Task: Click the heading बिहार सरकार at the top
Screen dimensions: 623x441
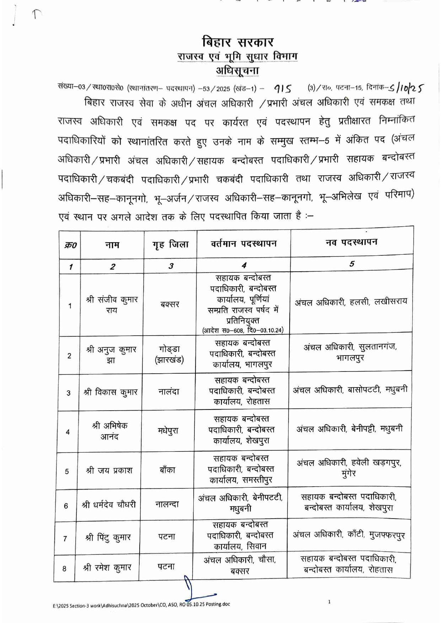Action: (238, 42)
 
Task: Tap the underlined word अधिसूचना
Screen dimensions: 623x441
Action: (237, 70)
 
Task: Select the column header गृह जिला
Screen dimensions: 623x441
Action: (171, 244)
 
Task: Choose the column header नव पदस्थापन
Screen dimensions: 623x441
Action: (351, 242)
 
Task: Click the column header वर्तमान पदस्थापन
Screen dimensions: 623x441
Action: (243, 244)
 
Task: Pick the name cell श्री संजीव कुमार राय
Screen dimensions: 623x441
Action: (112, 305)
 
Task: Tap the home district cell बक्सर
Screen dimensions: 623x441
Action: (170, 304)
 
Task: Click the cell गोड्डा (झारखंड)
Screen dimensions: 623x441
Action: (169, 354)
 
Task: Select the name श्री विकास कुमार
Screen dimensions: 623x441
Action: (111, 392)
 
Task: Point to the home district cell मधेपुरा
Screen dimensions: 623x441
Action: (168, 431)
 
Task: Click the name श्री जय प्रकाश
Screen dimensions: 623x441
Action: (109, 471)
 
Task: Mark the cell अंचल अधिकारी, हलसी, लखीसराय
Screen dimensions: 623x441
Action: (351, 302)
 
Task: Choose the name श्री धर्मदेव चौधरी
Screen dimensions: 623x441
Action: (109, 505)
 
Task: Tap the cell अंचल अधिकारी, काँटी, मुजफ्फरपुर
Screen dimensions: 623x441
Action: (349, 535)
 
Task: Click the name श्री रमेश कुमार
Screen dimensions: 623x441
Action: (107, 568)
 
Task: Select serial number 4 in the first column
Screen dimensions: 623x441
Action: (68, 432)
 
